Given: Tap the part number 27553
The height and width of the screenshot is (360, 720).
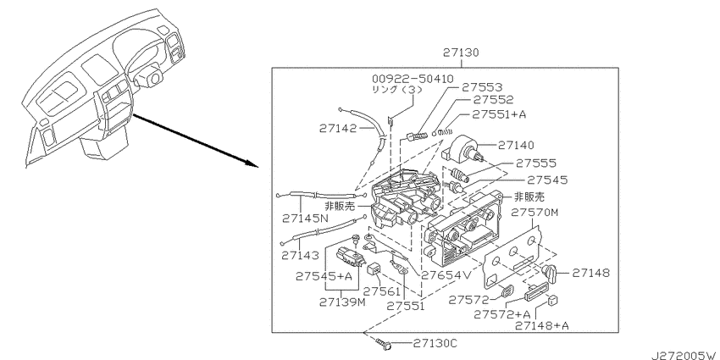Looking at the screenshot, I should [x=481, y=86].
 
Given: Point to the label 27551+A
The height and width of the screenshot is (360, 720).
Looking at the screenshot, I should [x=500, y=114].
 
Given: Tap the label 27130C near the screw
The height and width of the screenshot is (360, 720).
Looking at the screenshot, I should [x=436, y=343].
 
